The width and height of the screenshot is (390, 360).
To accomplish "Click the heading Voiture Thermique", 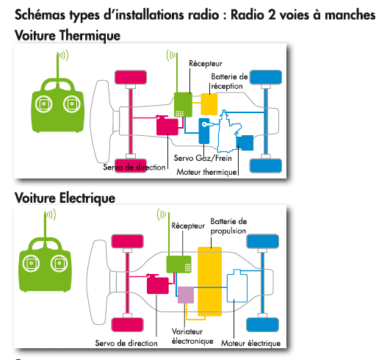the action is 68,35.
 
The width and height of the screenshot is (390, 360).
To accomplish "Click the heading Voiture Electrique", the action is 65,198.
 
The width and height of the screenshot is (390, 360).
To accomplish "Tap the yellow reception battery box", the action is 209,104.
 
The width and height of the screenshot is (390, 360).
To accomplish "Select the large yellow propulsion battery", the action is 209,281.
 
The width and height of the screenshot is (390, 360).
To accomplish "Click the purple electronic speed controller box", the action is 186,295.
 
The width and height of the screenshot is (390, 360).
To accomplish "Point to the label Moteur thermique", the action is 206,172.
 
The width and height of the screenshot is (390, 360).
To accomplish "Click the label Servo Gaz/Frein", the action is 203,158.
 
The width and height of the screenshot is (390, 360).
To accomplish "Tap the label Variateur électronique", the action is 192,336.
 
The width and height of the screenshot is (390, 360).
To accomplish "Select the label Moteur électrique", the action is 250,343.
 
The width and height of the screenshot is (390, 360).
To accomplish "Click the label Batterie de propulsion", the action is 228,226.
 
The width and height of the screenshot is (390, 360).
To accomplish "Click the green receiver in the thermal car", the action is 183,105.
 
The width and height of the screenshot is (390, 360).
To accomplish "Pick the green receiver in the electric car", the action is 178,264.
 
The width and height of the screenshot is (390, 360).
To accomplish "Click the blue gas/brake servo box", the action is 204,131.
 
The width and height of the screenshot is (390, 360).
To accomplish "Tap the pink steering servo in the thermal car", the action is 167,126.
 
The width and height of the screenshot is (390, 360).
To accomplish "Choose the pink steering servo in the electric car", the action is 158,285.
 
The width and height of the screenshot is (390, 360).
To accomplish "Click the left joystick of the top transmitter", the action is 44,104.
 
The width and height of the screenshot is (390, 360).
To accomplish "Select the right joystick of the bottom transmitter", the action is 59,263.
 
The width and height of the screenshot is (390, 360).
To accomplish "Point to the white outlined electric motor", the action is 237,286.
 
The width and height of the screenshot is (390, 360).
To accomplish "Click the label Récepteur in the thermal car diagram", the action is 206,63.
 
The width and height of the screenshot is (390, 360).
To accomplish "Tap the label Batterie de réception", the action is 229,82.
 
